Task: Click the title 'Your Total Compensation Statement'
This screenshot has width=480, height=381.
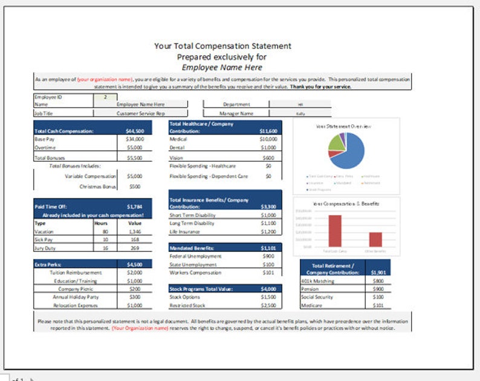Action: (222, 46)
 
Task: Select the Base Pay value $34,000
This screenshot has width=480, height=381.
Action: (134, 139)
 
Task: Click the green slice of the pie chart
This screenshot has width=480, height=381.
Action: (334, 142)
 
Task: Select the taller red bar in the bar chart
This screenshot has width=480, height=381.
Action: (335, 231)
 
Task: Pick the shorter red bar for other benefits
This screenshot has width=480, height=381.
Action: (375, 239)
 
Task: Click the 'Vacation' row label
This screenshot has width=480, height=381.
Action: (45, 231)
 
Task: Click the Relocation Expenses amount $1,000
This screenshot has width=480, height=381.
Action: (134, 306)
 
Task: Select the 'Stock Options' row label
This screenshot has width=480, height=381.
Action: (185, 297)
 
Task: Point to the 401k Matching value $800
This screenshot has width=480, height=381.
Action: (378, 280)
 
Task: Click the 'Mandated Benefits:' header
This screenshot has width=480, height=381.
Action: (192, 248)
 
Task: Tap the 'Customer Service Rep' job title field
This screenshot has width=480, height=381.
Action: (140, 113)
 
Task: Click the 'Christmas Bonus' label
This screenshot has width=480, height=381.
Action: (97, 187)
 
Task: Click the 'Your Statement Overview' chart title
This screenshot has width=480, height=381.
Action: (343, 126)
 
